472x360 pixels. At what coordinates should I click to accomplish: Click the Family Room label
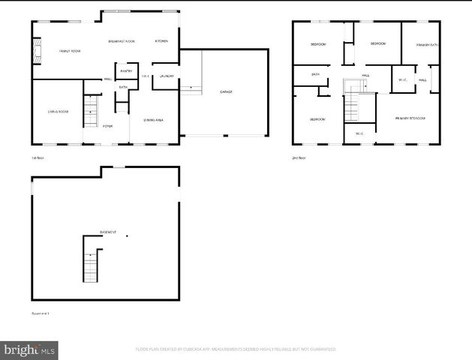tap(70, 51)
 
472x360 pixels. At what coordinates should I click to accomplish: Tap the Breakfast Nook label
tap(121, 41)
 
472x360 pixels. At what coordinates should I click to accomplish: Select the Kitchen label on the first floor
tap(161, 41)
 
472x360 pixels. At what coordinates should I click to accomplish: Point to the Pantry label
tap(125, 71)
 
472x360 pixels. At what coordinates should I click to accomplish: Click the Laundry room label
tap(167, 76)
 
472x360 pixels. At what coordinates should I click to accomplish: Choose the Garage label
tap(226, 92)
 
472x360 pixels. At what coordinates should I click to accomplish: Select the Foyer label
tap(108, 126)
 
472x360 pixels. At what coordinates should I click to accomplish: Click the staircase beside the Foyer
tap(91, 113)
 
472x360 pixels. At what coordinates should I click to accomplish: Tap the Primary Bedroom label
tap(411, 118)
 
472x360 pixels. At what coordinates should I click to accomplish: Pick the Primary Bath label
tap(428, 45)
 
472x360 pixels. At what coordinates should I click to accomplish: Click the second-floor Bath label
tap(316, 74)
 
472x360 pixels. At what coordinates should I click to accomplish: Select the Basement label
tap(108, 232)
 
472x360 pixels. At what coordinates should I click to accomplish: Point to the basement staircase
tap(91, 262)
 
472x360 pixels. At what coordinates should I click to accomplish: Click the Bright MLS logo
tap(30, 349)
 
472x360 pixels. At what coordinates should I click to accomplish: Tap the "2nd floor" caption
tap(299, 157)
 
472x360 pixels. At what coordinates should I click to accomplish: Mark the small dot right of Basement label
tap(128, 237)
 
